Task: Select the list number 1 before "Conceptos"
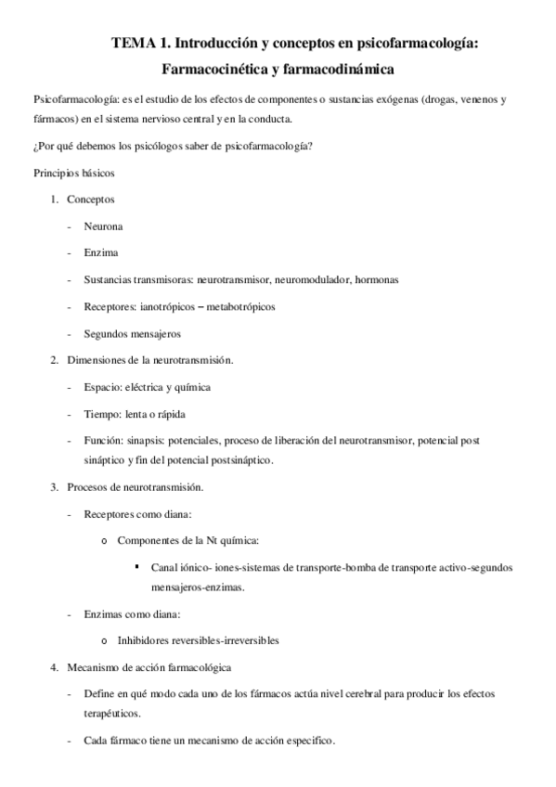(x=54, y=200)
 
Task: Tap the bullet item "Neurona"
(x=103, y=226)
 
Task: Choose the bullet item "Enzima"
(x=101, y=252)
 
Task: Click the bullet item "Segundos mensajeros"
(x=132, y=333)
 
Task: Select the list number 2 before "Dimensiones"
(x=54, y=360)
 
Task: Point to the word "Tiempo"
(x=101, y=414)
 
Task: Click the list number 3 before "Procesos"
(x=54, y=486)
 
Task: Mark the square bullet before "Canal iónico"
(x=137, y=565)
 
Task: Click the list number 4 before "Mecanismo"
(x=54, y=667)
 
